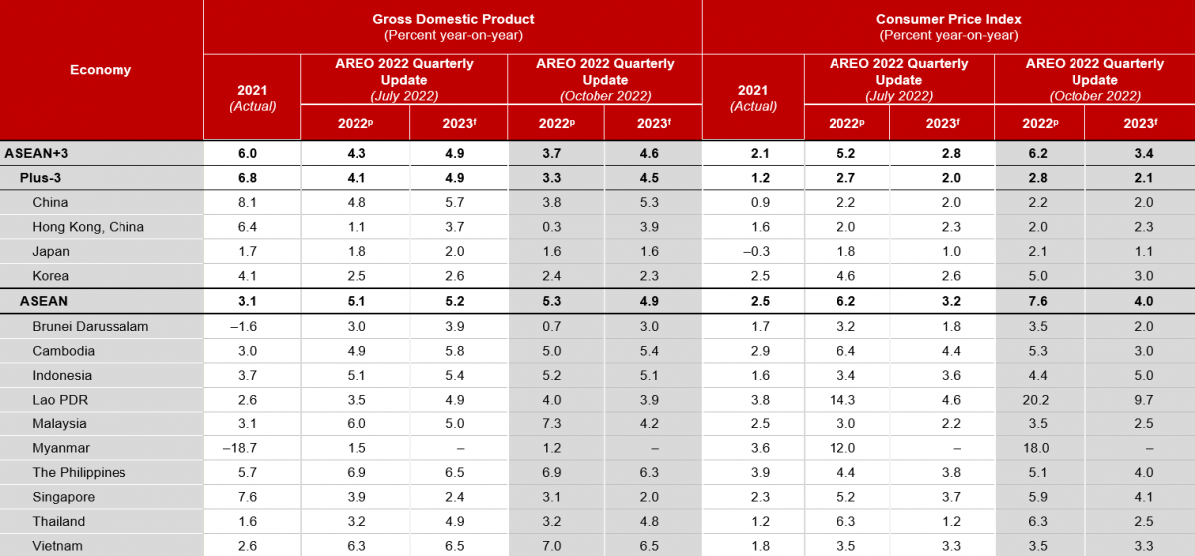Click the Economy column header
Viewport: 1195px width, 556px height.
(x=101, y=70)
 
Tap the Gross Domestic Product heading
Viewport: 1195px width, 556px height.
(x=453, y=19)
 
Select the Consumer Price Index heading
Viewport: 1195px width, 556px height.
(x=948, y=19)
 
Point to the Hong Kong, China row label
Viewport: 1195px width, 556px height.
(x=88, y=226)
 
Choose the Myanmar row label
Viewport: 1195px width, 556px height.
(x=62, y=448)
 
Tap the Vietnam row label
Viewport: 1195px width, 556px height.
(x=58, y=546)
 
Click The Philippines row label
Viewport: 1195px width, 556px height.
(x=79, y=472)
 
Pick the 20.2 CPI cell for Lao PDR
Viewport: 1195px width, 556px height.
(x=1039, y=400)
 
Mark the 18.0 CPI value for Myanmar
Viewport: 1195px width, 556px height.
(x=1039, y=448)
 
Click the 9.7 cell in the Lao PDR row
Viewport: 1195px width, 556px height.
(x=1138, y=400)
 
